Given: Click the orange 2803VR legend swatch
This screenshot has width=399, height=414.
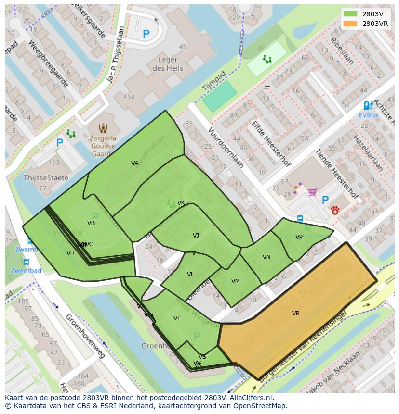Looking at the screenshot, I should click(x=351, y=24).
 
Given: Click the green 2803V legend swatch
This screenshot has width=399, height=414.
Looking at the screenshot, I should click(x=351, y=14).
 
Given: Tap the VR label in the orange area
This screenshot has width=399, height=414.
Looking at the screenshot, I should click(x=296, y=314).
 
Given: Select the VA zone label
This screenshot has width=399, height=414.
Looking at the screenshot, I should click(x=135, y=163).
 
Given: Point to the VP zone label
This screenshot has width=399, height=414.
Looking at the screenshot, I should click(x=299, y=237).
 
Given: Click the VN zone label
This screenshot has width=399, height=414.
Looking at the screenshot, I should click(x=266, y=257).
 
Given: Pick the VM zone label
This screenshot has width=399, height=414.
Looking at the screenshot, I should click(x=235, y=281).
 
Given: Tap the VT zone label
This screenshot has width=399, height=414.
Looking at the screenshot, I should click(x=177, y=318).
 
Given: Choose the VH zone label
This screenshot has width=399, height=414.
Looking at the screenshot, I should click(x=70, y=253).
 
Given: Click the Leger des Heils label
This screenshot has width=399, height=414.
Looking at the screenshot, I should click(x=168, y=64).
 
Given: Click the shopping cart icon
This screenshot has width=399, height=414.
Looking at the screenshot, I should click(x=312, y=192).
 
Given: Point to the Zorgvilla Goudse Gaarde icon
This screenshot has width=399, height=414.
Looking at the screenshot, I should click(x=103, y=128).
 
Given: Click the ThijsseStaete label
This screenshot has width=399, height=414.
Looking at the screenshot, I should click(x=40, y=177).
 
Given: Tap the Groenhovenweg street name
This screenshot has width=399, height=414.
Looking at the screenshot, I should click(x=85, y=336).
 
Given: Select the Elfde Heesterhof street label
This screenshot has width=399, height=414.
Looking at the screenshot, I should click(x=270, y=143).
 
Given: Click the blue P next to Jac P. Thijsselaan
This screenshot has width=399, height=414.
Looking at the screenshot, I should click(x=146, y=34).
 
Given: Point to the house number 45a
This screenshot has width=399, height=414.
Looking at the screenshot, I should click(x=129, y=96).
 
